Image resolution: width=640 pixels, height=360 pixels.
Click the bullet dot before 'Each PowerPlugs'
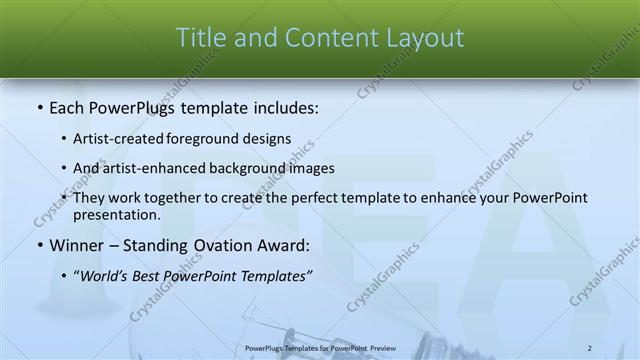[x=38, y=105]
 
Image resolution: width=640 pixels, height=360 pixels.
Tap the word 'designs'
[x=269, y=138]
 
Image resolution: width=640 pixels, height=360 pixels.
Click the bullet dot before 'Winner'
[x=38, y=245]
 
